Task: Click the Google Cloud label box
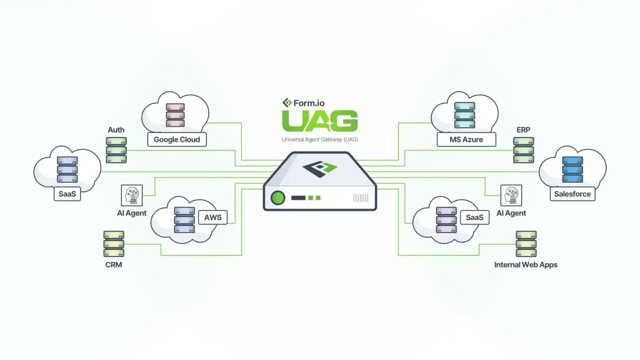(177, 140)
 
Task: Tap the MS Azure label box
(466, 140)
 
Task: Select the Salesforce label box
(572, 194)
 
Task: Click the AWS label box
(213, 217)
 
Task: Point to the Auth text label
(116, 130)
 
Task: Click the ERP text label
(523, 130)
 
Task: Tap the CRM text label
(113, 265)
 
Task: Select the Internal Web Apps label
(526, 265)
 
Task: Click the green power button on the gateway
(279, 198)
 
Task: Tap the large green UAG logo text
(320, 121)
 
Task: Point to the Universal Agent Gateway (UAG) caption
(320, 140)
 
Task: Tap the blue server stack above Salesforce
(572, 169)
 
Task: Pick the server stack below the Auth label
(116, 150)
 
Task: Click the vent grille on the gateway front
(361, 198)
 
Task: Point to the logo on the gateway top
(320, 169)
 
